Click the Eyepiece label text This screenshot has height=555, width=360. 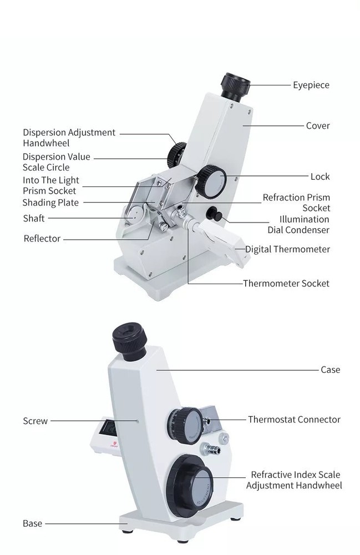tap(311, 85)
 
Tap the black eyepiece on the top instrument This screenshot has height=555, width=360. tap(236, 87)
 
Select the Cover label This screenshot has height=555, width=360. tap(318, 125)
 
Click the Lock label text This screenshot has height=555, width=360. tap(320, 176)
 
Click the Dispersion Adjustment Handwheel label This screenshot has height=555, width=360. tap(69, 138)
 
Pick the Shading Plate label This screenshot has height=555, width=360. tap(50, 203)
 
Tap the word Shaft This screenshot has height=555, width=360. tap(34, 218)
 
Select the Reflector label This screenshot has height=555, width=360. tap(42, 239)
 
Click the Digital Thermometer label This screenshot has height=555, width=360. tap(287, 249)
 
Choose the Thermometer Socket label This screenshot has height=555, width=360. tap(286, 283)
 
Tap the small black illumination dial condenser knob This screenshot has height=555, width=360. tap(212, 214)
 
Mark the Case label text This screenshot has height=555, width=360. tap(331, 370)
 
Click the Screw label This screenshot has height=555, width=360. tap(36, 421)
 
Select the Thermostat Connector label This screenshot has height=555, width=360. tap(294, 420)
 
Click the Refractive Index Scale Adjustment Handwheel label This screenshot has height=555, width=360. tap(294, 480)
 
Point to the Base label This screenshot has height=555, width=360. tap(32, 523)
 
